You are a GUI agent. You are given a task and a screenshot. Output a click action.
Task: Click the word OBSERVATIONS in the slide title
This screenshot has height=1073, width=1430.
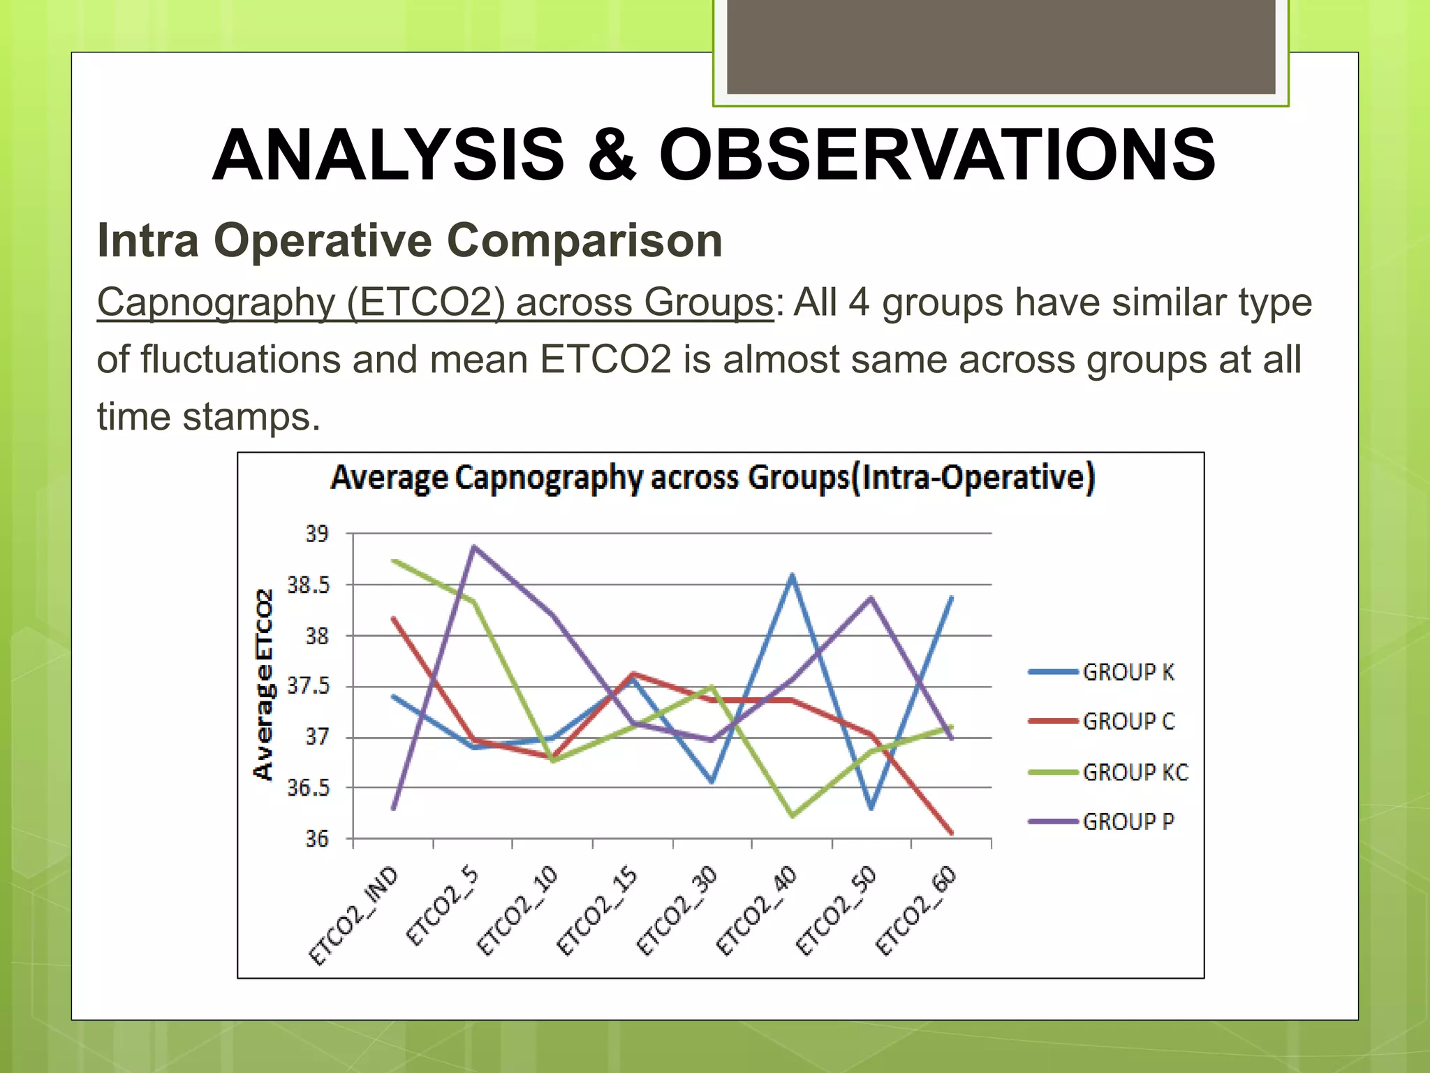(937, 155)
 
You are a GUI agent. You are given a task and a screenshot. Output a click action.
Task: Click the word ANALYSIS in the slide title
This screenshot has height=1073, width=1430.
(388, 155)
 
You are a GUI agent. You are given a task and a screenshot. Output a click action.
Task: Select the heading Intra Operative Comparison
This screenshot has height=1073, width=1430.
(410, 240)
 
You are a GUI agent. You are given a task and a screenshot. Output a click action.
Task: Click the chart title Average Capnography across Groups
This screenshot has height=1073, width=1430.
(712, 479)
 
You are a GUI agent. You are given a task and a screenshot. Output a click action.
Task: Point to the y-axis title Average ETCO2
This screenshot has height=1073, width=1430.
(263, 685)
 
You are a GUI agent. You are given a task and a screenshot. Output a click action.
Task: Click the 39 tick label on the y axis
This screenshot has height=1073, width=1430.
(316, 534)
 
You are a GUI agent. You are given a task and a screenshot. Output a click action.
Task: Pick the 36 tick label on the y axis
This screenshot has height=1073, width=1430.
(316, 839)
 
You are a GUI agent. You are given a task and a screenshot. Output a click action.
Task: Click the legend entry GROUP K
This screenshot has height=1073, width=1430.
(1128, 672)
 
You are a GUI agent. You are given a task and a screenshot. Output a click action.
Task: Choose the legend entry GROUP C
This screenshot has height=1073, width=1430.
(1128, 722)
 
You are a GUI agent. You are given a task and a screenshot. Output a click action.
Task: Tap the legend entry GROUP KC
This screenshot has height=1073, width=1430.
(1135, 772)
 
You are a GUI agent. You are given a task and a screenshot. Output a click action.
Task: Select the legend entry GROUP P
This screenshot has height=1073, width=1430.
(1128, 822)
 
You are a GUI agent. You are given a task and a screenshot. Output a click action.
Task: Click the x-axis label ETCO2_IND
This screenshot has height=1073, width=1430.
(353, 916)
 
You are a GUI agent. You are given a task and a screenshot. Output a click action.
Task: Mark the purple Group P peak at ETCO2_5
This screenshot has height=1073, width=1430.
(474, 547)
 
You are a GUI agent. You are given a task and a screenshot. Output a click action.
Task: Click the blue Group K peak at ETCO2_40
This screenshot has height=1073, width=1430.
(793, 576)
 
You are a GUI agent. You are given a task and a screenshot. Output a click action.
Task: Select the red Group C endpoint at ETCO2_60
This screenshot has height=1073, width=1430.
(952, 833)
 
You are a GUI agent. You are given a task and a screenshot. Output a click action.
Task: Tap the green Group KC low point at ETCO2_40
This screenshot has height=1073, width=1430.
(793, 815)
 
